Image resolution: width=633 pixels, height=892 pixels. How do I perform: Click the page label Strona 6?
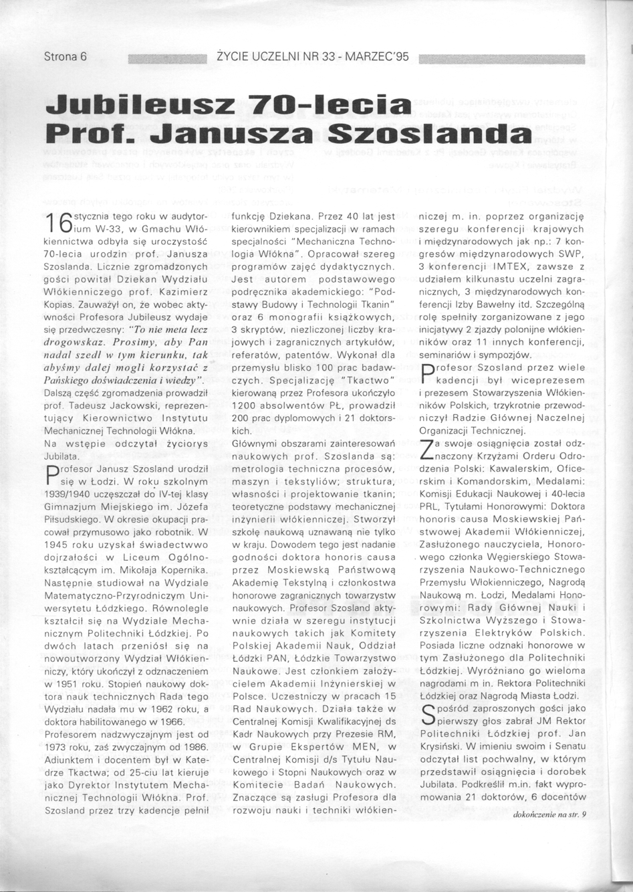pos(66,57)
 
